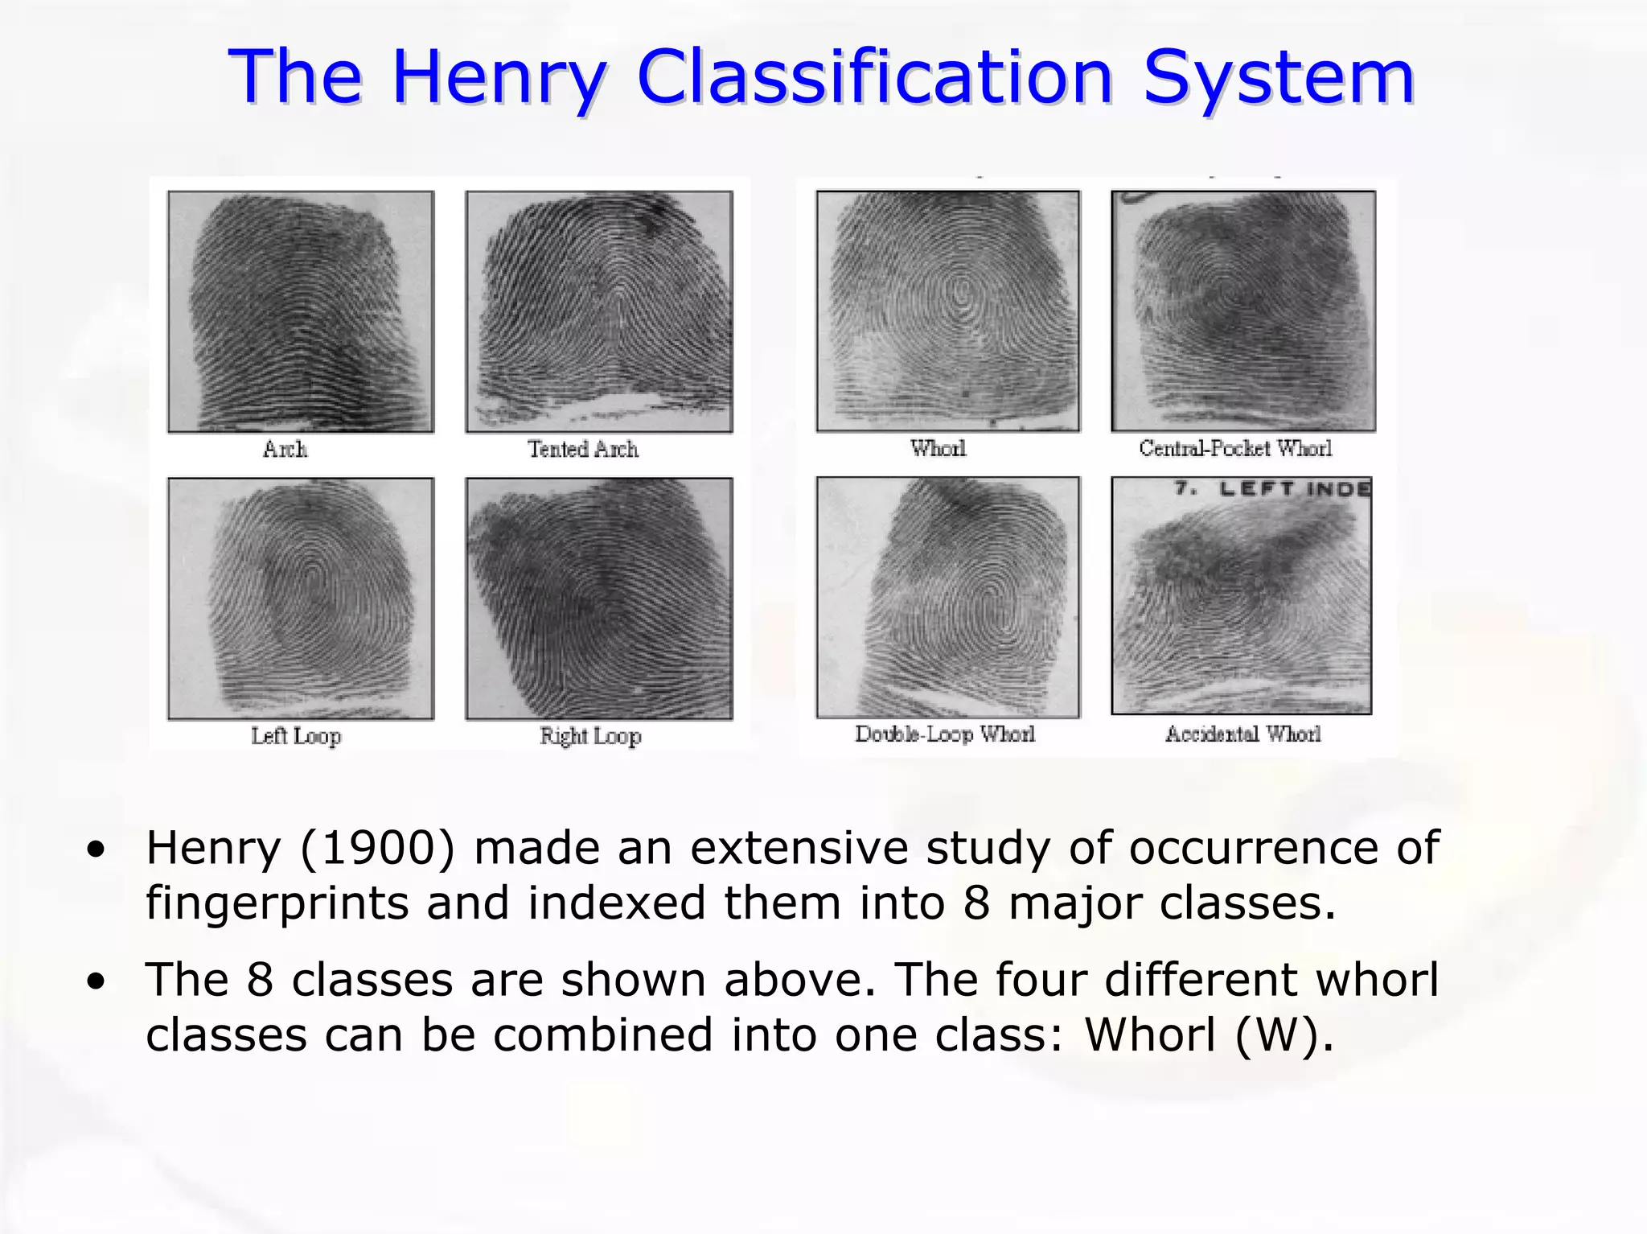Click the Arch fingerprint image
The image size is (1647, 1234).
(x=301, y=311)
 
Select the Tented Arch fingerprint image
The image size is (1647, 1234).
(x=599, y=311)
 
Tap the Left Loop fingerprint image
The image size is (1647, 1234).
(x=301, y=598)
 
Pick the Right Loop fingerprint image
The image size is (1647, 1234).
(x=599, y=598)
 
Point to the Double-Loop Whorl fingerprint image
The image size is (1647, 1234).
(x=948, y=597)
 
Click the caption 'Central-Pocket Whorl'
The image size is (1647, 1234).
(x=1235, y=449)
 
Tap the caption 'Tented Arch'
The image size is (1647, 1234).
(x=583, y=449)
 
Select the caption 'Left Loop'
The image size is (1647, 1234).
(x=296, y=735)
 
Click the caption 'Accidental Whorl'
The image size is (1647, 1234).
(x=1243, y=734)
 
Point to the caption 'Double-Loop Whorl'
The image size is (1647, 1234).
(x=945, y=734)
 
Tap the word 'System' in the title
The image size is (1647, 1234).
(x=1279, y=78)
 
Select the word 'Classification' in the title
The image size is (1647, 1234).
(x=874, y=78)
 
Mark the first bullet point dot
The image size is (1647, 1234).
(x=97, y=850)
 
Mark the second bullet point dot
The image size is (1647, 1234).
(x=97, y=982)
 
